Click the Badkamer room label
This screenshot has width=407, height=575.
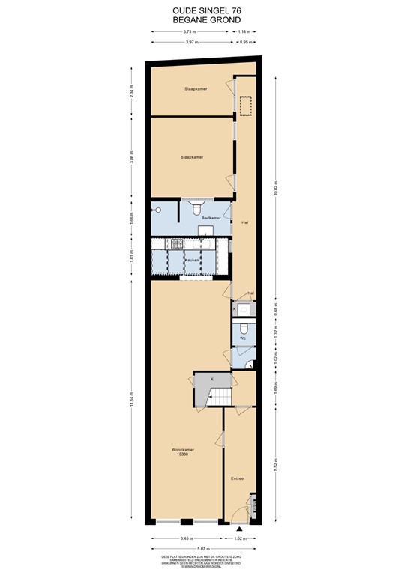pos(211,218)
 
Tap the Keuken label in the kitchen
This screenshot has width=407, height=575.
pos(192,260)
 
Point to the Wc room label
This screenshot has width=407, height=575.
pos(243,338)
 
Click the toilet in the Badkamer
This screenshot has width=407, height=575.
pos(196,208)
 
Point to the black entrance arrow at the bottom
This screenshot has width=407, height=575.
pos(239,529)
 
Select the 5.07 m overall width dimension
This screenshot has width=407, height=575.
pos(203,547)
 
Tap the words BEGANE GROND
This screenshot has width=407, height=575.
pos(202,21)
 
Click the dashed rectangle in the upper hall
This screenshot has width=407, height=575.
pos(244,107)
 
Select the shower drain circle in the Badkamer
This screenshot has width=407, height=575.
pos(159,210)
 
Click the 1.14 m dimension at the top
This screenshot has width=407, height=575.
pos(244,32)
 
